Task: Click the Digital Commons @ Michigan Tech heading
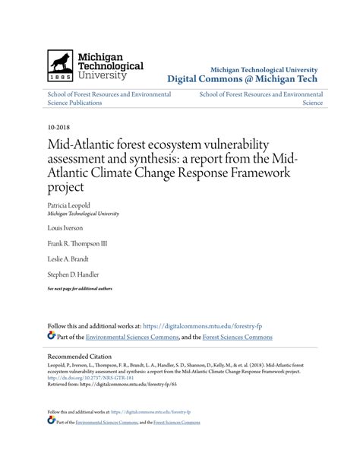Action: coord(242,78)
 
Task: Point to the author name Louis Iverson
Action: coord(65,227)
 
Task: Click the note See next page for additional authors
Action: coord(80,289)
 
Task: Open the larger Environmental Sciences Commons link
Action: coord(132,337)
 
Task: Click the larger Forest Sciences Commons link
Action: coord(236,337)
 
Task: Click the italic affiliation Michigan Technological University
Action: coord(83,214)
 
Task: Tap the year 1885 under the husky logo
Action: coord(61,78)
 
